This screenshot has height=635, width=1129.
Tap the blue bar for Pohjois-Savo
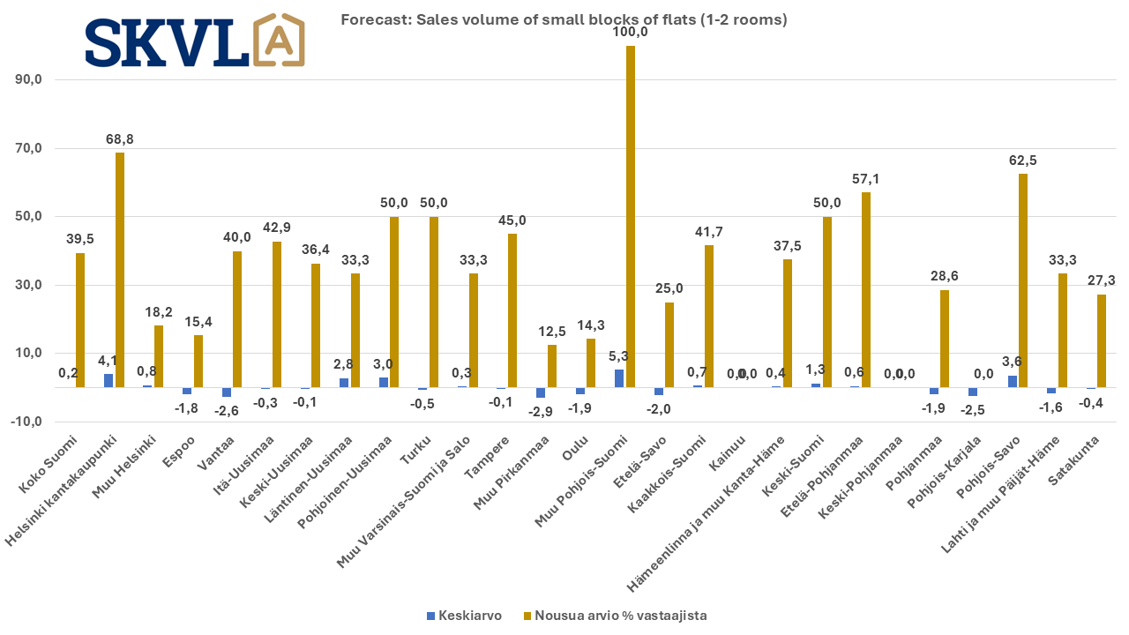coord(1013,381)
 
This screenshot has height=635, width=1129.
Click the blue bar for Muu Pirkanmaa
coord(541,392)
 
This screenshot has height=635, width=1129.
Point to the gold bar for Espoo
coord(198,361)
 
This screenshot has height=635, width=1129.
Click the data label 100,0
coord(631,32)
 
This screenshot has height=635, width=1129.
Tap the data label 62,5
coord(1022,161)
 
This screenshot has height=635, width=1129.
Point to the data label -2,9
coord(540,412)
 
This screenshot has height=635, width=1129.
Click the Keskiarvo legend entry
coord(464,616)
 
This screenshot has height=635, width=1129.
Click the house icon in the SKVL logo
coord(280,41)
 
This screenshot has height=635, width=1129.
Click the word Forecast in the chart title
coord(370,19)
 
